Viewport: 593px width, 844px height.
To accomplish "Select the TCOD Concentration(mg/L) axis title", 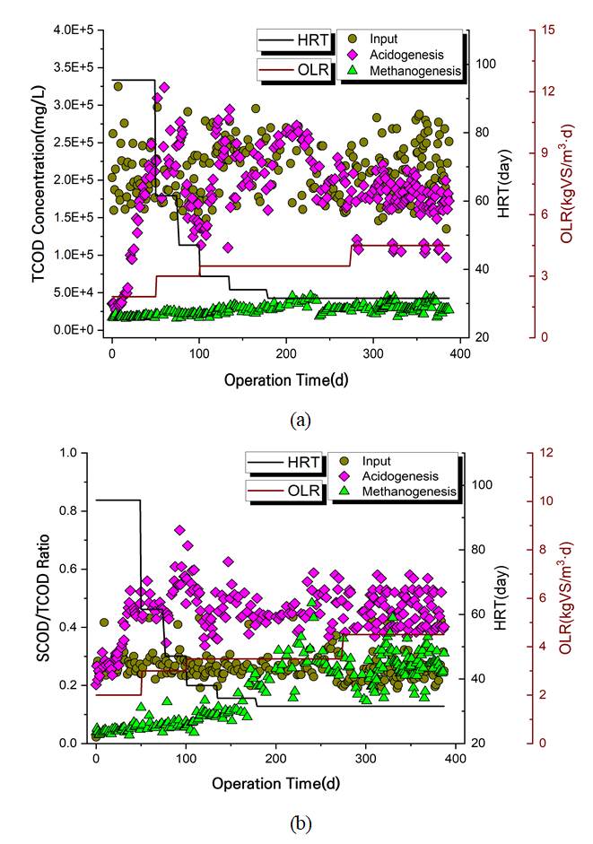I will click(x=40, y=179).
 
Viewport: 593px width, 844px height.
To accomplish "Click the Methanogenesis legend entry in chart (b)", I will click(x=408, y=492).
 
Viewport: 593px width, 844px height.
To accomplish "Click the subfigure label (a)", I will click(x=300, y=419).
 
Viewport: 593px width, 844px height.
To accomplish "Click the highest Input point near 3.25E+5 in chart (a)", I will click(x=118, y=86).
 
